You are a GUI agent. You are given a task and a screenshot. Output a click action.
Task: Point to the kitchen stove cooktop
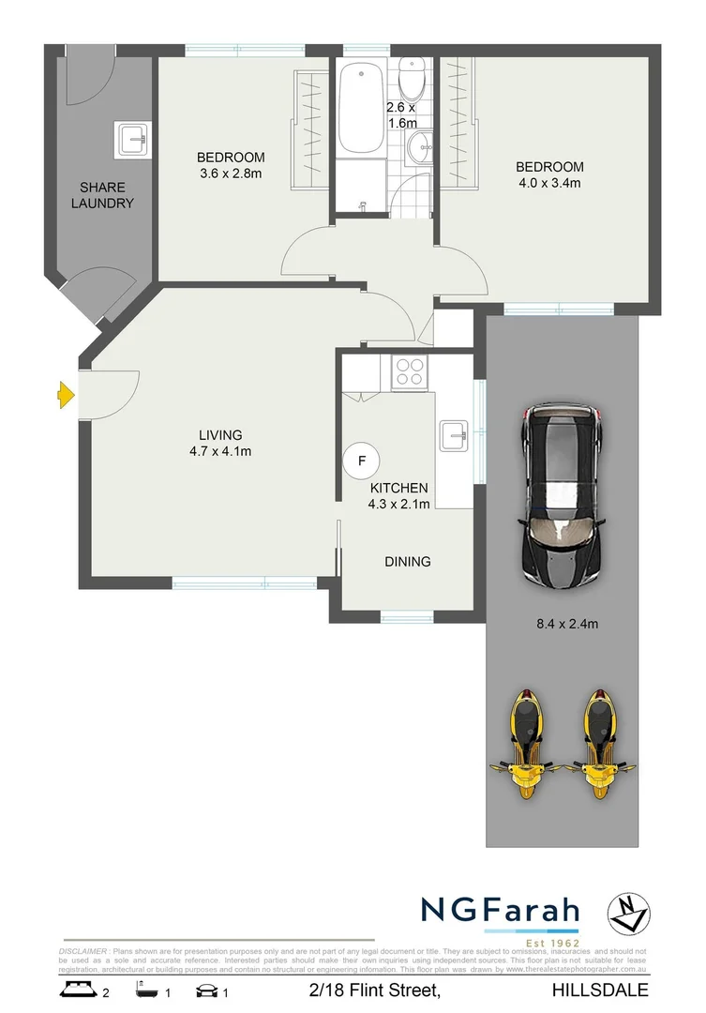click(x=410, y=372)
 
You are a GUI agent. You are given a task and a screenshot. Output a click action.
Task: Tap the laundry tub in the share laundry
click(x=131, y=139)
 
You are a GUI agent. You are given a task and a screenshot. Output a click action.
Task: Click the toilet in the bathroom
click(x=412, y=72)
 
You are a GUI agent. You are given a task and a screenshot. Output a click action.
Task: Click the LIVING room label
click(x=220, y=435)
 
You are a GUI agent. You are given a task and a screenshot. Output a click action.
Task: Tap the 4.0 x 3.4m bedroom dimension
click(x=549, y=183)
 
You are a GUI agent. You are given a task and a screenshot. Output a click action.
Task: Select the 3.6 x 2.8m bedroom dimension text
click(x=231, y=174)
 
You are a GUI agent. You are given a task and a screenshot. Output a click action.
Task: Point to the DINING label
click(x=407, y=562)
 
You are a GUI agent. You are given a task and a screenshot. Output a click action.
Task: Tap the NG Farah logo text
click(x=500, y=910)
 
